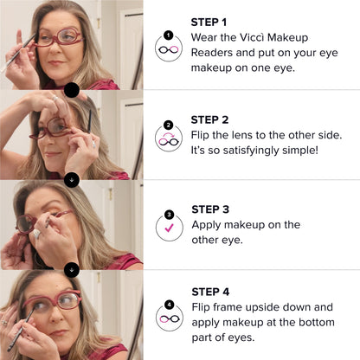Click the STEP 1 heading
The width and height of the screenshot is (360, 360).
(209, 22)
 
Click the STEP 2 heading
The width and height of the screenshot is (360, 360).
(209, 119)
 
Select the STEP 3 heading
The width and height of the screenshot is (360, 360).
(209, 209)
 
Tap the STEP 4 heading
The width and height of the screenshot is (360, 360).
(209, 292)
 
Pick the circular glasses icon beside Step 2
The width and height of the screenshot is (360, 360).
(168, 136)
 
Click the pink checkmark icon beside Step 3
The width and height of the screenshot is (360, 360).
(168, 225)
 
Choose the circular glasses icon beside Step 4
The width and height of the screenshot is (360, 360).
(168, 315)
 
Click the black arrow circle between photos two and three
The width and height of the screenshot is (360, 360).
(72, 179)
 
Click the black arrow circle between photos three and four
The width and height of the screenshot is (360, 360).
(72, 269)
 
